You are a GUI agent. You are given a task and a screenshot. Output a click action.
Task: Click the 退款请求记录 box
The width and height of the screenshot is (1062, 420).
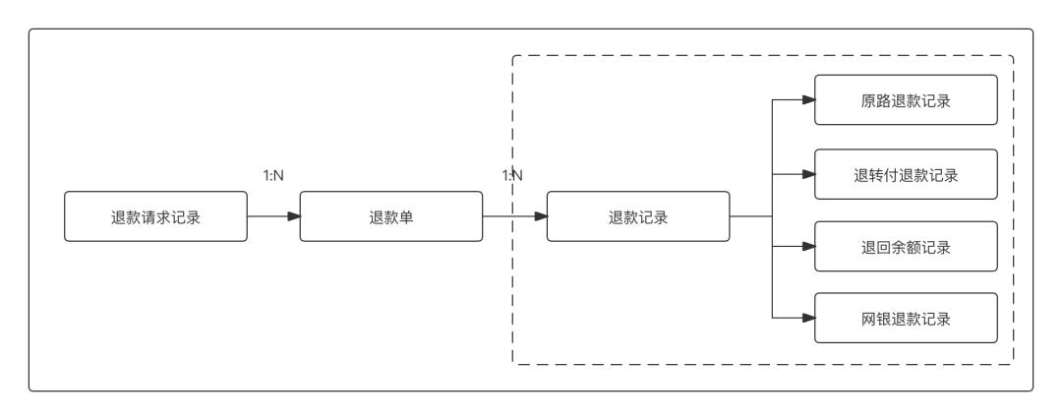pos(155,217)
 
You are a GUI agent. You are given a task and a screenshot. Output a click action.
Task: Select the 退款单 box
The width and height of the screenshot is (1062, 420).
pos(390,217)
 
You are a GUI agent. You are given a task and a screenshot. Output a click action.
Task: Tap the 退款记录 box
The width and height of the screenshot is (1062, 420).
pos(637,217)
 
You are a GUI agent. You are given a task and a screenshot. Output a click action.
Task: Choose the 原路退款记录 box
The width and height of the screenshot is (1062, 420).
pos(906,100)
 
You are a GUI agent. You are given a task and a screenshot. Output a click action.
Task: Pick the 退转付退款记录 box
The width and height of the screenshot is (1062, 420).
pos(906,175)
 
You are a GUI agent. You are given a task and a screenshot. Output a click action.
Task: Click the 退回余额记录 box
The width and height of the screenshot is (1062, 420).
pos(906,247)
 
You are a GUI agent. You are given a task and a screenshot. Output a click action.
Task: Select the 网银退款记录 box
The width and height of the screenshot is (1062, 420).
pos(906,319)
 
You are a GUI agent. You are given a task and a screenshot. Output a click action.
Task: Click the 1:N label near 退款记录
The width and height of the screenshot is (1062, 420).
pos(511,175)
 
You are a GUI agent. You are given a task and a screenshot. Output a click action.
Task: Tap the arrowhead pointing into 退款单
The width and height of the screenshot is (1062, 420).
pos(293,217)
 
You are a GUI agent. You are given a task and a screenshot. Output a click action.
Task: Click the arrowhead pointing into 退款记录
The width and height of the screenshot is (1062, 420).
pos(540,217)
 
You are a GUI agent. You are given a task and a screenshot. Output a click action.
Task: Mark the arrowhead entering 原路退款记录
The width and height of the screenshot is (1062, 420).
pos(808,100)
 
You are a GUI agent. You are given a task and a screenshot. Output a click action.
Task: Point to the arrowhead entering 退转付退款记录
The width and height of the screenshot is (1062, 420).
pos(808,175)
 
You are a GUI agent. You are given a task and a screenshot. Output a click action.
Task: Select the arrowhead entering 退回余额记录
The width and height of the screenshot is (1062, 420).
pos(808,247)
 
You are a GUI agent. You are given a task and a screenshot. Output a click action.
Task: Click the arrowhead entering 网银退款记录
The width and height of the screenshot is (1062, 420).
pos(808,319)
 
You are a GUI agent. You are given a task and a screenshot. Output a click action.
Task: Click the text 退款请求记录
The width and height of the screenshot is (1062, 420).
pos(155,217)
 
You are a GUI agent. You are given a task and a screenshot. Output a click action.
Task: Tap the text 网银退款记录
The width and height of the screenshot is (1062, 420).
pos(906,319)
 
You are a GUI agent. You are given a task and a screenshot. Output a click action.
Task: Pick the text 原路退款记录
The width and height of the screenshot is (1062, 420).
pos(906,100)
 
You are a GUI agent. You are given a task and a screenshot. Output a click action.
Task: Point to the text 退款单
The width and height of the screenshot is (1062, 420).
pos(390,217)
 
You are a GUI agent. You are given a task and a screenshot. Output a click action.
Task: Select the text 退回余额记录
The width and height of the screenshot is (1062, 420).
pos(906,247)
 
